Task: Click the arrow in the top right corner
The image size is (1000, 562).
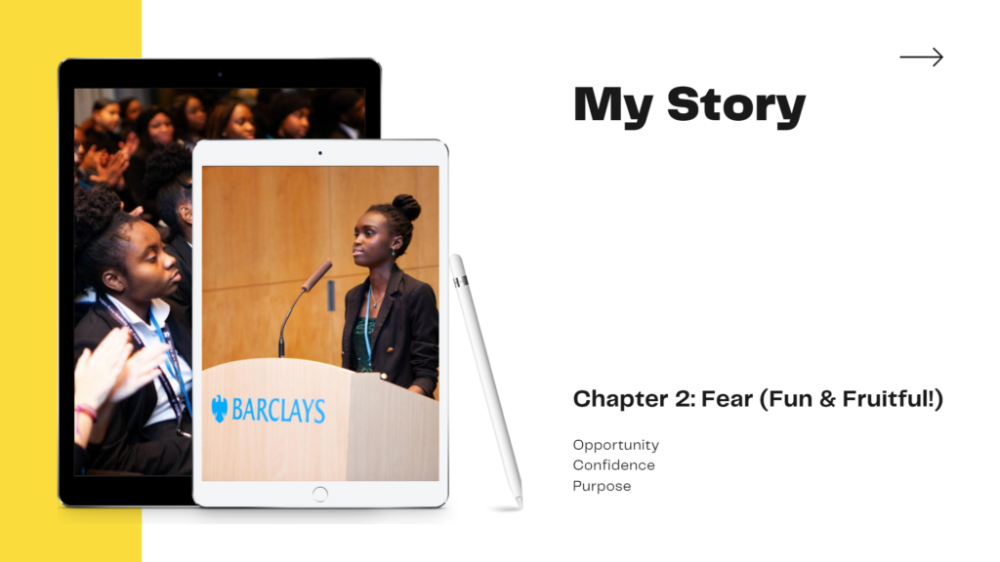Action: point(921,57)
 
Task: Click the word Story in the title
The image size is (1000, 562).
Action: point(736,105)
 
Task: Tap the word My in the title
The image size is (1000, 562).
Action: point(613,105)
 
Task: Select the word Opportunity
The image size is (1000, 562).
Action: point(615,445)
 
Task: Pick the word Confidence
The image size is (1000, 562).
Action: point(613,465)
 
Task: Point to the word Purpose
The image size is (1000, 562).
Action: point(602,486)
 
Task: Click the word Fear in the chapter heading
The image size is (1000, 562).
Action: point(727,399)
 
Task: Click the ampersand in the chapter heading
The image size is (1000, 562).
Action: point(827,399)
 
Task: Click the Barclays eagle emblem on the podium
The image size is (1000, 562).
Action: point(220,409)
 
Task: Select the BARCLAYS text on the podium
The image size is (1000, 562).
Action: point(278,411)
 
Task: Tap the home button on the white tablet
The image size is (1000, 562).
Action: point(320,494)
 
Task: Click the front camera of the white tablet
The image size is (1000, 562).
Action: point(320,153)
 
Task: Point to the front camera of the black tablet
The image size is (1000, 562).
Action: point(220,74)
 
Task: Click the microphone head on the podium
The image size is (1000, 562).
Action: point(316,275)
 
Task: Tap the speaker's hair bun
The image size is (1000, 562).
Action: point(406,207)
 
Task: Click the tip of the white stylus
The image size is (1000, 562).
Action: point(520,503)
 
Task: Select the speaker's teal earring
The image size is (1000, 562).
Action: point(394,254)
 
